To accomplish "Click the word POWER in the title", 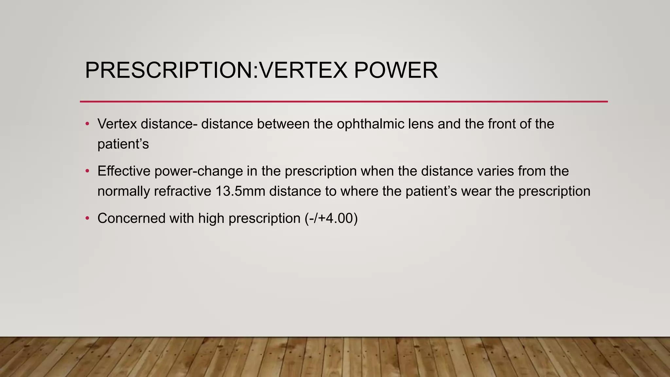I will tap(396, 70).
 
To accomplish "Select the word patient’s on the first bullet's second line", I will tap(123, 144).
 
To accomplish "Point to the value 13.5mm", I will tap(240, 191).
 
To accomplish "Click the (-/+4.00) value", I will tap(331, 218).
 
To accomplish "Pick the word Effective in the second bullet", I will tap(124, 171).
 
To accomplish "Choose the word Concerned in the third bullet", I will tap(132, 218).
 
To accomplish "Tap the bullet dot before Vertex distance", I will tap(87, 124).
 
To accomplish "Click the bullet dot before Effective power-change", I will tap(87, 171).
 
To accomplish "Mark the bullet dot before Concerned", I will tap(87, 218).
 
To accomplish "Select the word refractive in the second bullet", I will tap(183, 191).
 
